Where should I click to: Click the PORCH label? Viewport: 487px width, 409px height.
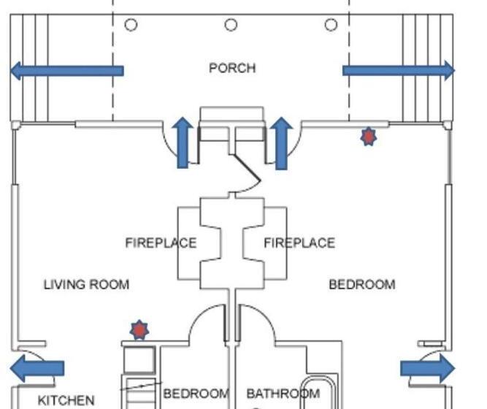coord(232,68)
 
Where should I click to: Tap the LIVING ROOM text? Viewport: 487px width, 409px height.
coord(86,285)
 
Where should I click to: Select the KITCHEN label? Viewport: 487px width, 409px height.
coord(66,400)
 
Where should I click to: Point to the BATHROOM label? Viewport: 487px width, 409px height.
coord(283,394)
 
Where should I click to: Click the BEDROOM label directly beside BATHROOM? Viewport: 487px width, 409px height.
coord(196,394)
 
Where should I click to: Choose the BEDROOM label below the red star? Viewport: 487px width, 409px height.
coord(362,285)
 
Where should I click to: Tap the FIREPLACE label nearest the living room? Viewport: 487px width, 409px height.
coord(161,242)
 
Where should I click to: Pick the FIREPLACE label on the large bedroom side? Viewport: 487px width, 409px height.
coord(299,242)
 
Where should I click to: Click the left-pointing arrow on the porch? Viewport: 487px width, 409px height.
coord(66,71)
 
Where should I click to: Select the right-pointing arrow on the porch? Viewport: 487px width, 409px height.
coord(399,71)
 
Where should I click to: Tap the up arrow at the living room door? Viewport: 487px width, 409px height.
coord(183,143)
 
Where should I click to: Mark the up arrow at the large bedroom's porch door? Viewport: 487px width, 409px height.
coord(281,143)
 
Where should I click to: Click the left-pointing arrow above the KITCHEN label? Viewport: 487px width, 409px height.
coord(37,369)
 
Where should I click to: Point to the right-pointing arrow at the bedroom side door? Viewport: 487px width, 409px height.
coord(428,369)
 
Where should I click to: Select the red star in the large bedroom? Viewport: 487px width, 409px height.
coord(369,137)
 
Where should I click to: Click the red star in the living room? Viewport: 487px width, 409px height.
coord(139,330)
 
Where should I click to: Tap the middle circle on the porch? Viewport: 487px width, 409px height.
coord(231,25)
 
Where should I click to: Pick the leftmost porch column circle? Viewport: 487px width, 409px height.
coord(131,25)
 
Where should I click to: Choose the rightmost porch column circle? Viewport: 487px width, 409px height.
coord(331,25)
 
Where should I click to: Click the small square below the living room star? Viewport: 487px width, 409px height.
coord(139,360)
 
